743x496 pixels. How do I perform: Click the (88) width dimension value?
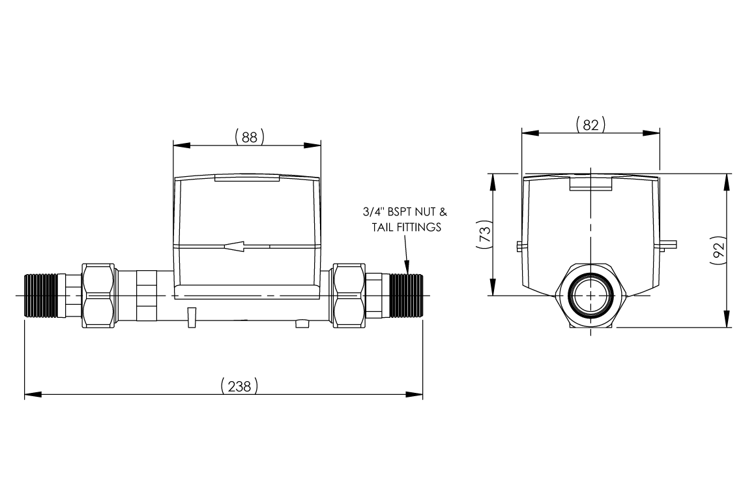249,136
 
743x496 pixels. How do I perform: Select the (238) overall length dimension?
240,386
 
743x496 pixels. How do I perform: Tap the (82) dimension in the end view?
590,125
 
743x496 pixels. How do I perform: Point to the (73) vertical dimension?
484,234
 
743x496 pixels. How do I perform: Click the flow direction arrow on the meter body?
234,246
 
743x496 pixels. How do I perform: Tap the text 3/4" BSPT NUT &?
405,211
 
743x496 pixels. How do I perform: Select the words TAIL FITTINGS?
407,227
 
